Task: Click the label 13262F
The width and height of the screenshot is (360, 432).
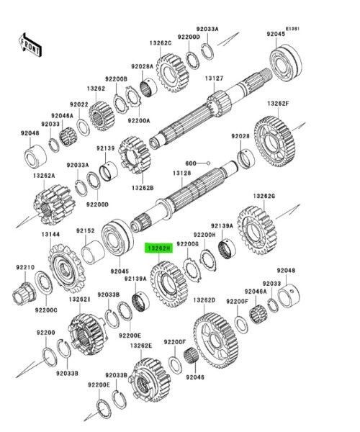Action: (x=277, y=105)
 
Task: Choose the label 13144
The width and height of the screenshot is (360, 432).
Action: (x=50, y=234)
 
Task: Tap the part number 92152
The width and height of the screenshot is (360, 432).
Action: (x=86, y=231)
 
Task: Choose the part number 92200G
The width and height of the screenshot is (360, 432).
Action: (x=189, y=245)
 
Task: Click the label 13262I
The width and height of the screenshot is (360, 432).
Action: (x=79, y=300)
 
